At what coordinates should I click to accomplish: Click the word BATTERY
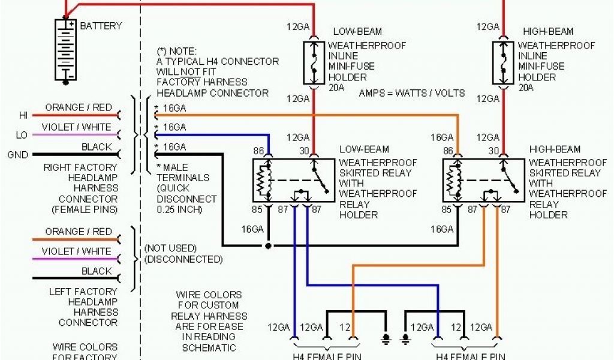[x=101, y=26]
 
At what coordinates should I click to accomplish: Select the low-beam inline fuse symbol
[x=313, y=62]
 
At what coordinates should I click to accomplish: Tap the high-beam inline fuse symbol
[x=503, y=62]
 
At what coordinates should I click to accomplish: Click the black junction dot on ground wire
[x=269, y=246]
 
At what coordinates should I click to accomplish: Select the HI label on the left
[x=23, y=115]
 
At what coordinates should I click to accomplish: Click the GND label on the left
[x=17, y=155]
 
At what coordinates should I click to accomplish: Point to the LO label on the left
[x=22, y=135]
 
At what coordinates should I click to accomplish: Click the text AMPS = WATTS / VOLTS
[x=411, y=93]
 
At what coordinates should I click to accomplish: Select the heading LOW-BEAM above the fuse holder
[x=357, y=31]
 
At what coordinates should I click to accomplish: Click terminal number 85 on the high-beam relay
[x=447, y=209]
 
